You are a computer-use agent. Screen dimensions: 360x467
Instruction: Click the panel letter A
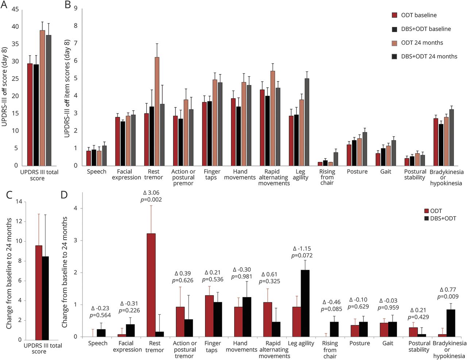(4, 5)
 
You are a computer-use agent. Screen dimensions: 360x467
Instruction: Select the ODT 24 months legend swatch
(394, 43)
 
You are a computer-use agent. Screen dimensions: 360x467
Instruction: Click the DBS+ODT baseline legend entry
(426, 29)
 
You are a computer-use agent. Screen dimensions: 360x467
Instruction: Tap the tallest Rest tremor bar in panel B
(157, 111)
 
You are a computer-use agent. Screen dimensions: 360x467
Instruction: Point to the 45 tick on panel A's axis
(15, 9)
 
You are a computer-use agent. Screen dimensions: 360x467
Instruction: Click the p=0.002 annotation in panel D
(151, 200)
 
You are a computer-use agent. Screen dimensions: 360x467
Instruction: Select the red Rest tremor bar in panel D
(151, 285)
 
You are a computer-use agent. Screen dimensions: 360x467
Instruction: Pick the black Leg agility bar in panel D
(305, 303)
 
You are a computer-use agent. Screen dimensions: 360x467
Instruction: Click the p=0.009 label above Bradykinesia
(448, 297)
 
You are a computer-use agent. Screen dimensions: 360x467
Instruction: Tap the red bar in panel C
(39, 292)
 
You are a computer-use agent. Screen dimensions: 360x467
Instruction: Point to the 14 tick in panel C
(19, 202)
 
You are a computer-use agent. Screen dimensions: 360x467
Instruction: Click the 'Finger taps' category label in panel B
(212, 175)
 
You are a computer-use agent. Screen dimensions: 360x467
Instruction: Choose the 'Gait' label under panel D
(388, 343)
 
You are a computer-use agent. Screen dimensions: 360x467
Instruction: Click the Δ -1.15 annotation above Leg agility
(302, 249)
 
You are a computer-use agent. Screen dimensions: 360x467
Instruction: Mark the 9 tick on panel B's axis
(76, 8)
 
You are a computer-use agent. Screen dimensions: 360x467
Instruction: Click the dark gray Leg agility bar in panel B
(307, 122)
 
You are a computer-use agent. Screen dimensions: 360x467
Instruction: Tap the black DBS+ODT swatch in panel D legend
(427, 218)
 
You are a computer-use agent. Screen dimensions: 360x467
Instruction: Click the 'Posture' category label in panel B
(357, 172)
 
